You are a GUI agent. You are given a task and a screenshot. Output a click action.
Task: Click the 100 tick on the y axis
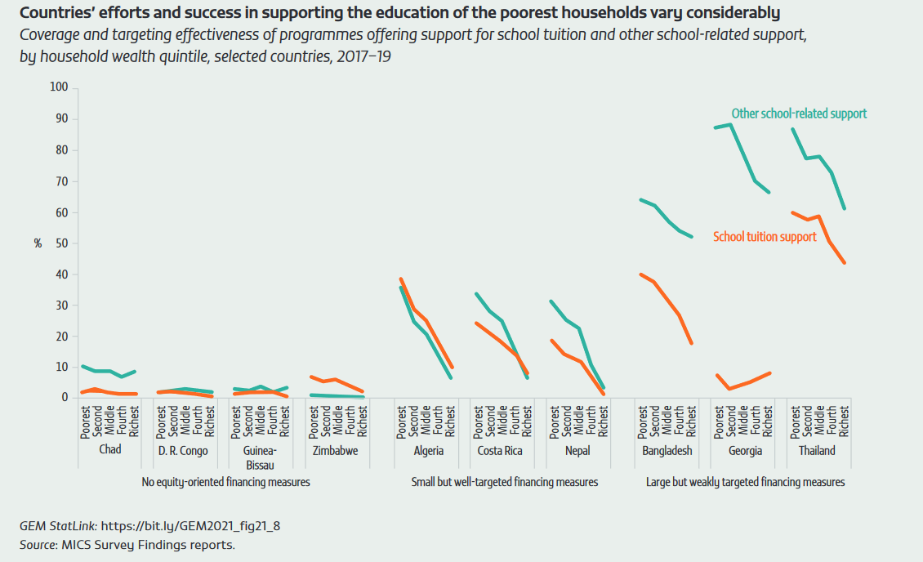point(57,87)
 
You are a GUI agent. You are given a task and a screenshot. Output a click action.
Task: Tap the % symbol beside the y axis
point(38,243)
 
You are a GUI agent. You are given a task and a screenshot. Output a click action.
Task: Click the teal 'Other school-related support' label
point(799,114)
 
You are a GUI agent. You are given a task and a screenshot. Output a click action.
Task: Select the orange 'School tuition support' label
point(765,237)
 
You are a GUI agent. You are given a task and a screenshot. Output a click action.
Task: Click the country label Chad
point(109,449)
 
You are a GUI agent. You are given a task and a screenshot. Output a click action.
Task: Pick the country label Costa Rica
point(501,450)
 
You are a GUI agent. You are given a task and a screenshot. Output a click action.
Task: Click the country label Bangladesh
point(667,450)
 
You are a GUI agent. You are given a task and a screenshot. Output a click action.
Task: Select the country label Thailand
point(817,450)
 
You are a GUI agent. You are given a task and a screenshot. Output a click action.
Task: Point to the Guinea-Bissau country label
point(259,457)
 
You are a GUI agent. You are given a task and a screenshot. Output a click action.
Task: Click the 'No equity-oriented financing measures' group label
point(225,482)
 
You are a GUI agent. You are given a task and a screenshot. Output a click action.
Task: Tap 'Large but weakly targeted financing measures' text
point(745,482)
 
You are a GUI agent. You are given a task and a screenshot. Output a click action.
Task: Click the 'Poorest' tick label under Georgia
point(716,421)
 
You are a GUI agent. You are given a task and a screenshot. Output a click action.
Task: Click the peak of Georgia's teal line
point(731,124)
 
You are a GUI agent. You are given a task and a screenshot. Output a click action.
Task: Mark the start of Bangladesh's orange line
point(641,274)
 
